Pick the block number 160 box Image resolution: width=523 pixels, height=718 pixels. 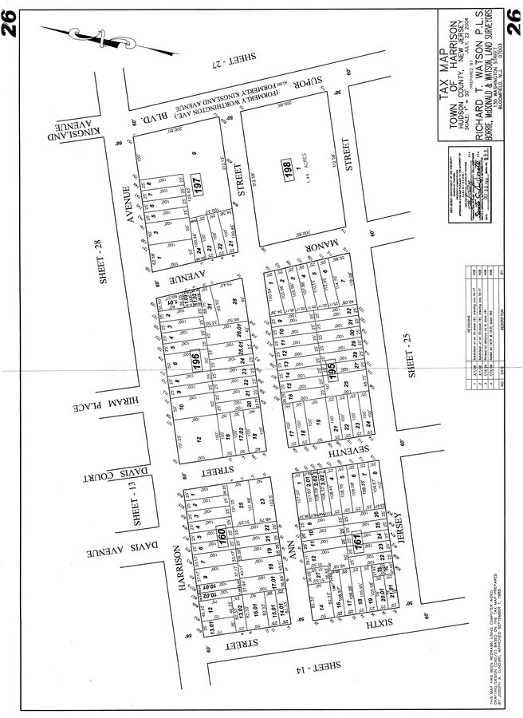pyautogui.click(x=222, y=539)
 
